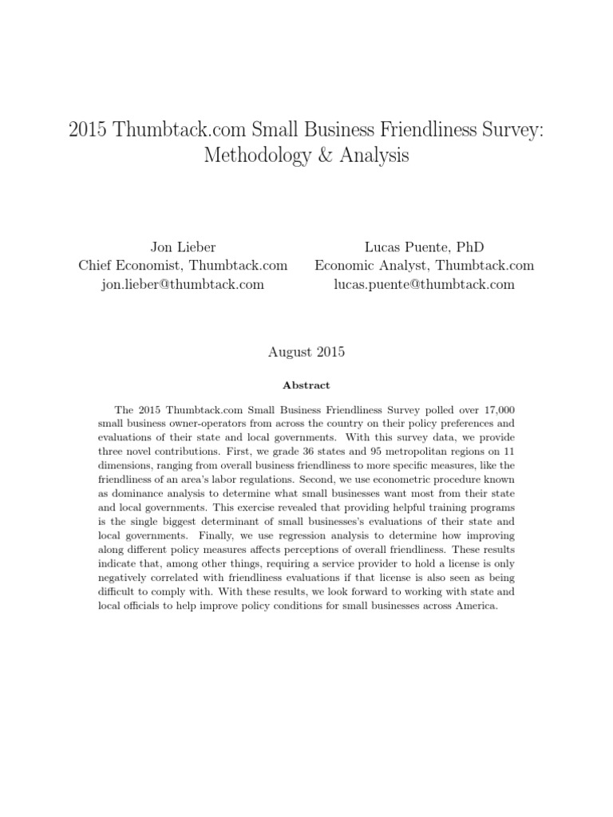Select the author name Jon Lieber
click(x=183, y=247)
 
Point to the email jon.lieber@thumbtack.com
click(x=183, y=284)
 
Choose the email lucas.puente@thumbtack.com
click(x=424, y=284)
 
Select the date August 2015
click(x=306, y=350)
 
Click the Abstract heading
click(x=306, y=385)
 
